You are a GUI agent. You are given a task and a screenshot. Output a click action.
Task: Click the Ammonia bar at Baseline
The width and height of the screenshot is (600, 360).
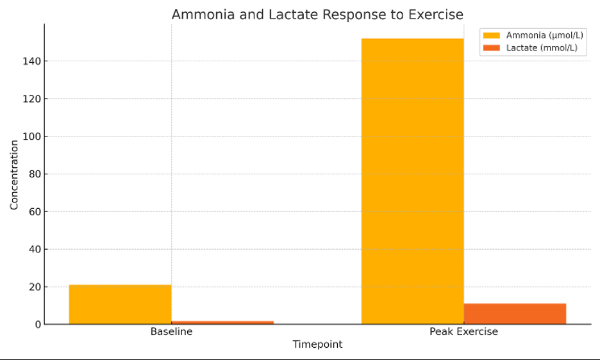tap(120, 304)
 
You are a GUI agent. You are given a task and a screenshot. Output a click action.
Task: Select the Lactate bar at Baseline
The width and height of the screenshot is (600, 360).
tap(222, 322)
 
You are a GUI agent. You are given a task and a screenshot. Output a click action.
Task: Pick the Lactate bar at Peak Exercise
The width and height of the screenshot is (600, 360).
tap(515, 314)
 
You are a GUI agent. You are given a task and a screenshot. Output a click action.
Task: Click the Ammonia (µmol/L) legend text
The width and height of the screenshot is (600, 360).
tap(544, 35)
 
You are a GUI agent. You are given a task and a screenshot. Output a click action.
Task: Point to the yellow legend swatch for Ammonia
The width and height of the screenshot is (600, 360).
tap(492, 35)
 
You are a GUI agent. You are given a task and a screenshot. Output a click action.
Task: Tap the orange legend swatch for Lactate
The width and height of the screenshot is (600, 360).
tap(492, 48)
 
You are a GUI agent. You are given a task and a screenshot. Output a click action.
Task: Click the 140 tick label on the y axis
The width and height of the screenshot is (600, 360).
tap(33, 61)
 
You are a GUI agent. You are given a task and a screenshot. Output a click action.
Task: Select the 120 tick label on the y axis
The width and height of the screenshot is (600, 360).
tap(33, 99)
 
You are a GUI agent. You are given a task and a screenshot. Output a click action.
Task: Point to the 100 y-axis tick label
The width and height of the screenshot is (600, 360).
tap(33, 136)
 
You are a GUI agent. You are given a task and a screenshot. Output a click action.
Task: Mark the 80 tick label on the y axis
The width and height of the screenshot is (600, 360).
tap(35, 174)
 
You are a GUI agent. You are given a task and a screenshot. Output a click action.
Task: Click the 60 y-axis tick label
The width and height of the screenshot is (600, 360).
tap(35, 212)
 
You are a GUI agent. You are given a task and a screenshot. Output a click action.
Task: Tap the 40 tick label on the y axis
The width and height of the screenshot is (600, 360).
tap(35, 249)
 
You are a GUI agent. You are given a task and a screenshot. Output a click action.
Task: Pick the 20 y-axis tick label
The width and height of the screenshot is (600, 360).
tap(35, 287)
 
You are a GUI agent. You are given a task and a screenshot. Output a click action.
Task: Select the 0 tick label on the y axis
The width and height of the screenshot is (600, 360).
tap(38, 325)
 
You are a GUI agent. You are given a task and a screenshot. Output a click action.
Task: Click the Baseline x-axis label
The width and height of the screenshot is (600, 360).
tap(171, 332)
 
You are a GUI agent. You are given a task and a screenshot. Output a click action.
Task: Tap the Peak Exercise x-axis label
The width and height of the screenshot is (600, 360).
tap(463, 332)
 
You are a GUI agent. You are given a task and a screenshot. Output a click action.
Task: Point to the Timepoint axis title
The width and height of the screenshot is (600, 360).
tap(317, 345)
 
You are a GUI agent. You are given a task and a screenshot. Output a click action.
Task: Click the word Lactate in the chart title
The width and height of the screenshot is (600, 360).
tap(298, 14)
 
